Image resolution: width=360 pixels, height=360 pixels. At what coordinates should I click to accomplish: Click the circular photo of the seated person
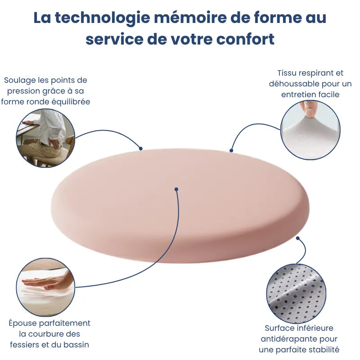coord(45,138)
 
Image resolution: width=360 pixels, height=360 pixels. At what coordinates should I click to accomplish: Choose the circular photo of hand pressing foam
coord(45,287)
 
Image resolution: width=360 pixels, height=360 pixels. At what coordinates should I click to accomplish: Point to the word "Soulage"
coord(19,80)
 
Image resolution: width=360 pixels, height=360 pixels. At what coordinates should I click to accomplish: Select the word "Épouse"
coord(23,323)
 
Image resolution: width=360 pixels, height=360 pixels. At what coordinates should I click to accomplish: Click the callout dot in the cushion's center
coord(176,189)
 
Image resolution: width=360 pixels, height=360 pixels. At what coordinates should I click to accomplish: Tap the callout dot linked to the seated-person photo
coord(140,148)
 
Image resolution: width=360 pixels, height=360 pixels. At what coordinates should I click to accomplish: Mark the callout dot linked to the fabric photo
coord(231,150)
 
